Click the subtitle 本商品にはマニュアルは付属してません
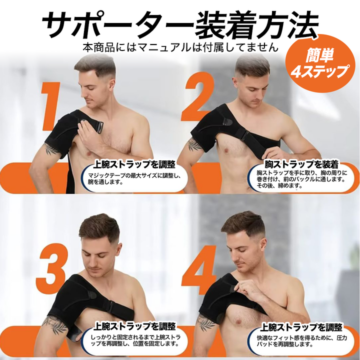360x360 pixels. [x=179, y=48]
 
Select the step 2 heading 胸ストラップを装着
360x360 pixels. [x=301, y=164]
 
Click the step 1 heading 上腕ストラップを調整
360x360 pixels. [x=134, y=164]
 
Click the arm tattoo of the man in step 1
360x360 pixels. [x=50, y=149]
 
